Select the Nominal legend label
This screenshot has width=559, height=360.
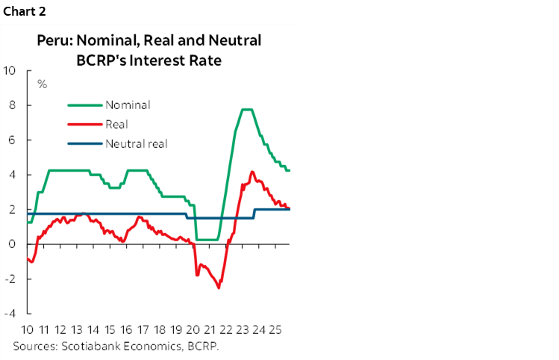coord(128,105)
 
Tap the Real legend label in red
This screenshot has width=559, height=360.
coord(117,124)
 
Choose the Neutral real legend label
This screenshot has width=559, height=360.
coord(137,143)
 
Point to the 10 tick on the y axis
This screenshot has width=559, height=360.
coord(10,71)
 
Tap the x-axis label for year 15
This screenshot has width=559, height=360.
coord(110,329)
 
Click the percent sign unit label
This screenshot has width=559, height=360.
coord(42,84)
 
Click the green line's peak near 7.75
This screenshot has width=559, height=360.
coord(247,110)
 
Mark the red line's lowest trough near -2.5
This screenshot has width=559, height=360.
coord(219,288)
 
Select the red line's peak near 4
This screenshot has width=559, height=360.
coord(252,172)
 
